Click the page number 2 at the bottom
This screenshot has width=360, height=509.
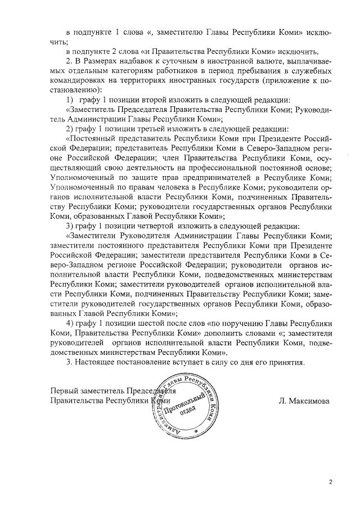pos(331,482)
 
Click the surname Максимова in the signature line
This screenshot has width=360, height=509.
pos(309,401)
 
